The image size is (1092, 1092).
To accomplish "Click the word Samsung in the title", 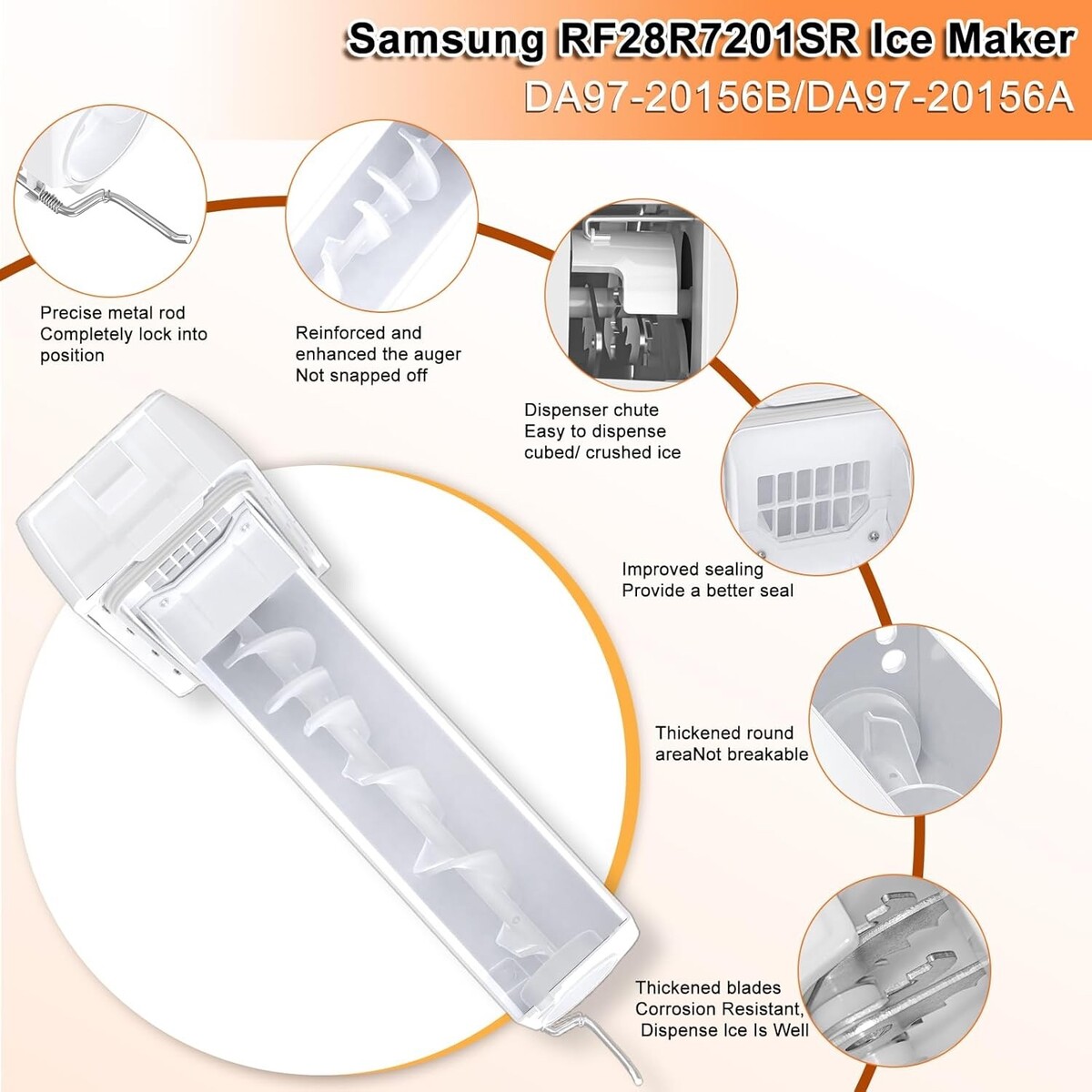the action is pos(444,41).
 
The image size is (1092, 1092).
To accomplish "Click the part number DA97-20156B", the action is pos(658,97).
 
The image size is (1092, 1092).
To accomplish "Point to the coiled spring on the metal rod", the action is pos(51,197).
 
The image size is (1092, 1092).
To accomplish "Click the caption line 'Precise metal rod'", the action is pos(112,312).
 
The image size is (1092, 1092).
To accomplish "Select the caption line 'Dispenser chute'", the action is pos(591,409).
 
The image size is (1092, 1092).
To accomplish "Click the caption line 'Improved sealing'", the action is pos(693,569).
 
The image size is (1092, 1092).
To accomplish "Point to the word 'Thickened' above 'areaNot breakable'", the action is pos(696,733).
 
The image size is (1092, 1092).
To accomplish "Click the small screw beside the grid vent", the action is pos(875,535).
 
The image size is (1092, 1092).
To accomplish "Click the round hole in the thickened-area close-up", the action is pos(893,658).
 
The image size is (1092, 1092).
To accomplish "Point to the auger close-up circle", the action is pos(380,216).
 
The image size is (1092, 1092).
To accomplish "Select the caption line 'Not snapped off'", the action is pos(361,375).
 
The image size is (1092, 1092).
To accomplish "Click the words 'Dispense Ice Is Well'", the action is pos(724,1029).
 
